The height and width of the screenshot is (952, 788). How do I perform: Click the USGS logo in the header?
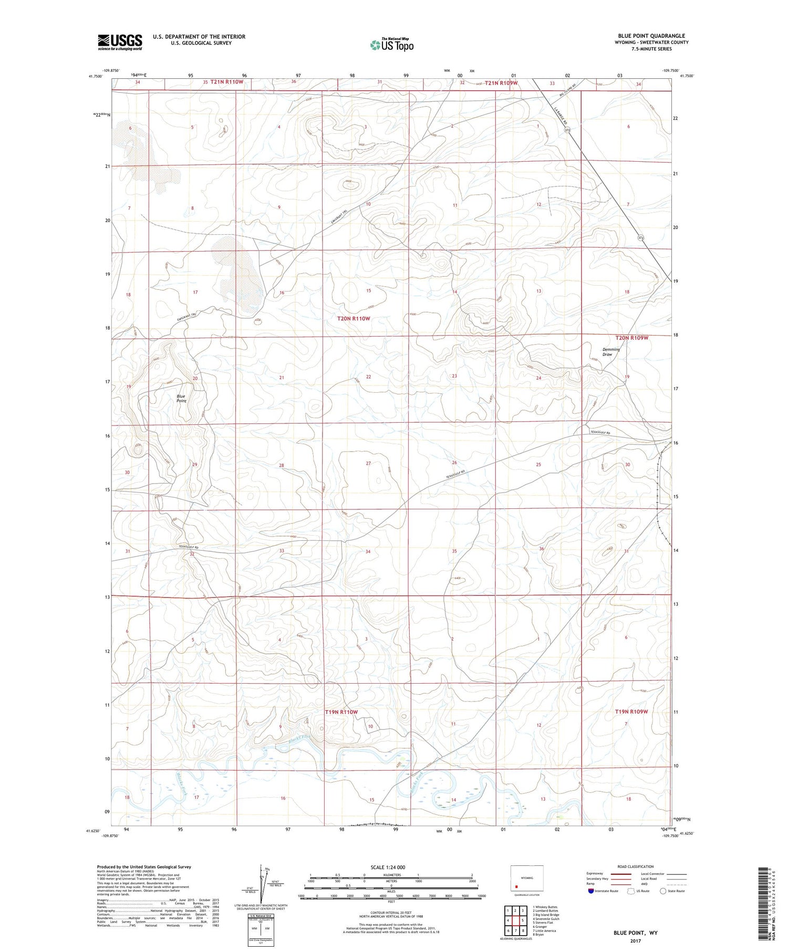[x=120, y=42]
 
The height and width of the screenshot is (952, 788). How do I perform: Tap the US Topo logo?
[x=391, y=45]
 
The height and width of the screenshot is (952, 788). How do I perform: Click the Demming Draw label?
[x=611, y=352]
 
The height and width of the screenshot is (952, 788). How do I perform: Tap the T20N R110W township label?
[x=354, y=319]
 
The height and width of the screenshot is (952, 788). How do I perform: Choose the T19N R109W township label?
[x=631, y=712]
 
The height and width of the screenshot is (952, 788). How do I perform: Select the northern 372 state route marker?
[x=567, y=130]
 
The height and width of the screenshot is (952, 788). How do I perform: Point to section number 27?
[x=368, y=463]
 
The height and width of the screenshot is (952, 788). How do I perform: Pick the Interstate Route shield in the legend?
[x=590, y=891]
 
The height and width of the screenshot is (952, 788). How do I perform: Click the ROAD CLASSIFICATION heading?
[x=636, y=866]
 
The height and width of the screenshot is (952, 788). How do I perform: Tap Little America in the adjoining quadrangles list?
[x=544, y=930]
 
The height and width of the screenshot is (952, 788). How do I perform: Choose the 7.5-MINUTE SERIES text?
[x=652, y=49]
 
